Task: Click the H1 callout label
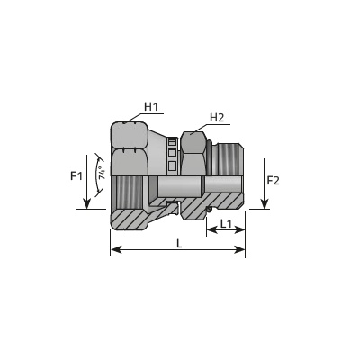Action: pos(151,107)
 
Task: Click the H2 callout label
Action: pos(217,118)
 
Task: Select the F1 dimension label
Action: pos(76,176)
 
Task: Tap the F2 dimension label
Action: pos(273,181)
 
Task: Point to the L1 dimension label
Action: pos(226,223)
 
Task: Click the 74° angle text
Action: pos(103,173)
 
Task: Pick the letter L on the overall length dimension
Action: pos(179,244)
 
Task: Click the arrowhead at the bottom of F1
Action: pos(86,203)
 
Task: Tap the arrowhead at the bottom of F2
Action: pos(264,204)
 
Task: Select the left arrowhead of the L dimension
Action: pos(116,249)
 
